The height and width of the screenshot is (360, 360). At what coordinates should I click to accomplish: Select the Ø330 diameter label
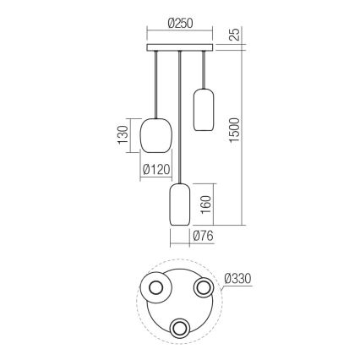pos(239,276)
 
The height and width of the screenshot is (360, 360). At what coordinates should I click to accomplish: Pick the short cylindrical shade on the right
pos(202,108)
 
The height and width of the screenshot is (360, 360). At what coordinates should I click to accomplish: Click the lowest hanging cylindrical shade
pos(179,204)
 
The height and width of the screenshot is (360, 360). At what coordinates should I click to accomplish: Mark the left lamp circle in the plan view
pos(157,289)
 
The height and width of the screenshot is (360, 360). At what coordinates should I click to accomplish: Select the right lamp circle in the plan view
pos(203,289)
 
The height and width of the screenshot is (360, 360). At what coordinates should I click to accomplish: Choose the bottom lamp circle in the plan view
pos(180,328)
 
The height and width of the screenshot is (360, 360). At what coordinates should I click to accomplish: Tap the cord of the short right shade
pos(202,68)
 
